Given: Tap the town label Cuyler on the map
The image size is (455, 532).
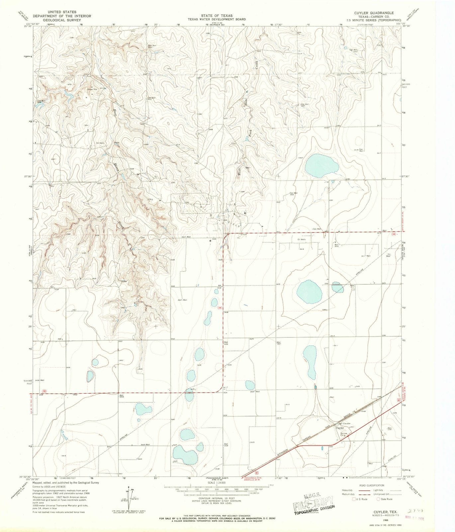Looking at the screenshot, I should [x=339, y=428].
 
